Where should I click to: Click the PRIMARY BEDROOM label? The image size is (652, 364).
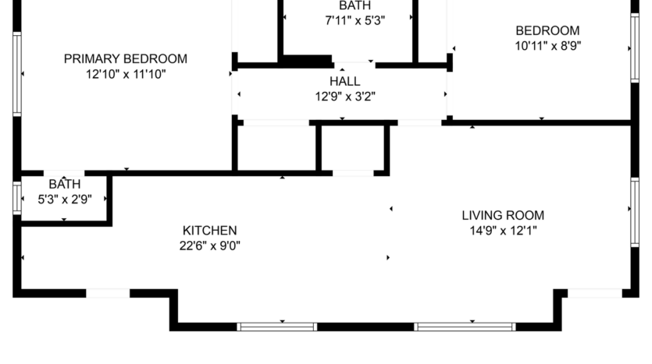coord(125,58)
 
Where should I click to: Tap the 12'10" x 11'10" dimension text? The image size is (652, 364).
coord(125,74)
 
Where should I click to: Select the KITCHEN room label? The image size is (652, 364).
coord(209,231)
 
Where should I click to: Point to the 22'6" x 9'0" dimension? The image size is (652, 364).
coord(209,246)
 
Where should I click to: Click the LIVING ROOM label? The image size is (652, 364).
coord(502,215)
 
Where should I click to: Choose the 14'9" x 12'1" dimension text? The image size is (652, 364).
coord(502,231)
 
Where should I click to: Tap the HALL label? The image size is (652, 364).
coord(344,81)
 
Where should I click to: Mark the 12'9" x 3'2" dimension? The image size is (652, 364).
coord(344,97)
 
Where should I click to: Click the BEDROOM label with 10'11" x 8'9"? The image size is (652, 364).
coord(547,30)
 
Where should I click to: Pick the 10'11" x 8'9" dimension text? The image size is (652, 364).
coord(547,45)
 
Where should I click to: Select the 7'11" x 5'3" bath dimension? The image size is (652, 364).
coord(355,21)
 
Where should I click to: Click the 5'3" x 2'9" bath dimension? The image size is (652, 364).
coord(65,199)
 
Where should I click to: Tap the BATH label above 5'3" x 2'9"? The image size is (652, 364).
coord(64,185)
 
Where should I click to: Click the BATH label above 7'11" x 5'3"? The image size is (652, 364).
coord(355,5)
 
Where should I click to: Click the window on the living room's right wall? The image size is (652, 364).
coord(635,209)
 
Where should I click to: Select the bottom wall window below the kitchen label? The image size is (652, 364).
coord(276,327)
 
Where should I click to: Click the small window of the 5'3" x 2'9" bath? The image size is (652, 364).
coord(17,198)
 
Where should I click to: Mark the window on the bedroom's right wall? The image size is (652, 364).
coord(635,47)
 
